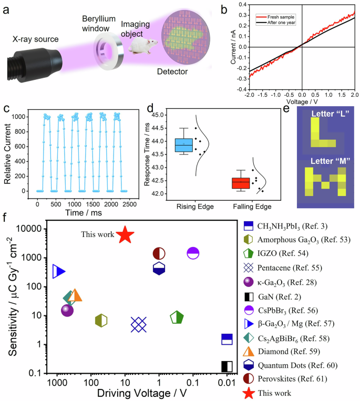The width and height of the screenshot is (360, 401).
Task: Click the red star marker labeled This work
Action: click(125, 235)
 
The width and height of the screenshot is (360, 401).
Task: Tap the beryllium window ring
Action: click(108, 46)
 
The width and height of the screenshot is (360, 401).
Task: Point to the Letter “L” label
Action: click(327, 111)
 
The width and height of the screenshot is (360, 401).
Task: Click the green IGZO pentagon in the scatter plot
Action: click(177, 318)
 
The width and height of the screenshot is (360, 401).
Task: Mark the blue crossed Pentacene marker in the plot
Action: click(139, 325)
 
